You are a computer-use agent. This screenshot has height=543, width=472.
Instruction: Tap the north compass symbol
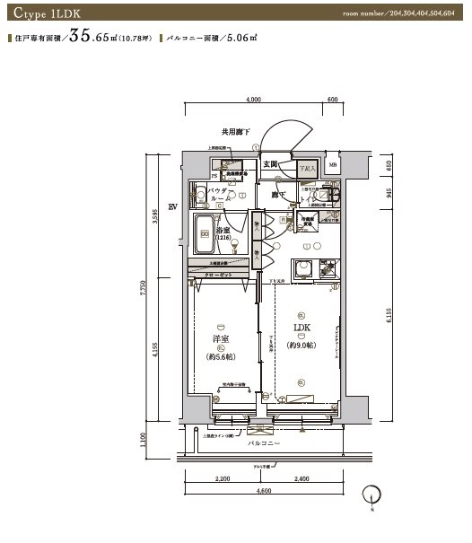372,495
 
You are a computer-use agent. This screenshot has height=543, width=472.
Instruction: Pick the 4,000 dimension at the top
252,101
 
